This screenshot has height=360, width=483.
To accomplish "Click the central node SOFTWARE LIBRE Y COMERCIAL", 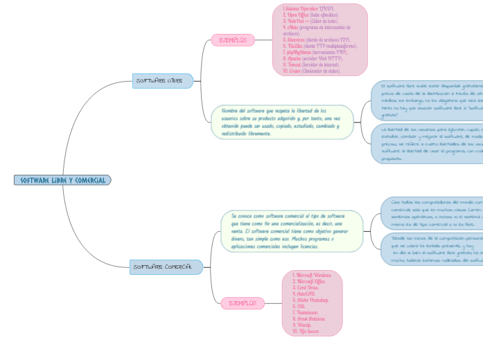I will click(x=62, y=181).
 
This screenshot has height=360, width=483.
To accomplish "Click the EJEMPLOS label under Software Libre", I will click(x=233, y=40).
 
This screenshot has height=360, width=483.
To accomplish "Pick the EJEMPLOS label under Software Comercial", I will click(x=243, y=303).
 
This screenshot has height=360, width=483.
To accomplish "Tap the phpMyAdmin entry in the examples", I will click(x=317, y=52).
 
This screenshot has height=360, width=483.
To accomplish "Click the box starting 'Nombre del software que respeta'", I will click(x=282, y=122).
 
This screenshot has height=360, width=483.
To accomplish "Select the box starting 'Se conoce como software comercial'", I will click(x=292, y=231).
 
